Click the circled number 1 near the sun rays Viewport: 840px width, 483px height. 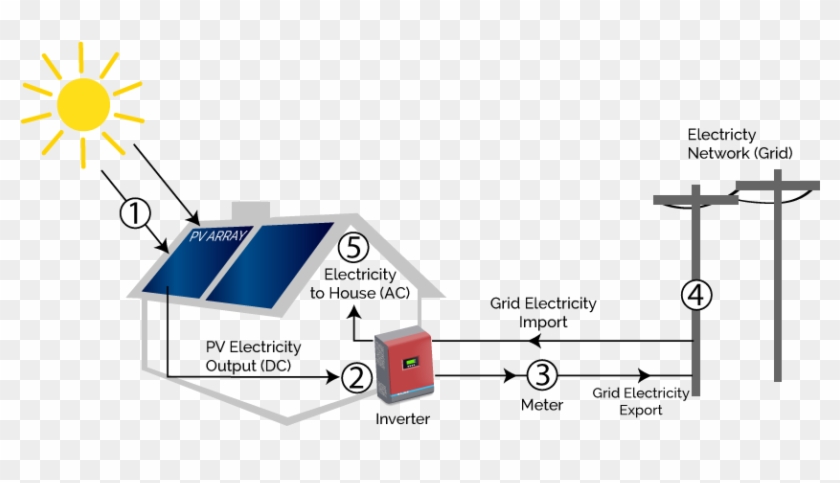pyautogui.click(x=135, y=213)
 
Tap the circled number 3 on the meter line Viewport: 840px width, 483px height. pyautogui.click(x=540, y=376)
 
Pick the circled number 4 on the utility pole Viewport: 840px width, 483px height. pyautogui.click(x=697, y=295)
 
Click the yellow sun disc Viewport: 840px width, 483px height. pyautogui.click(x=82, y=103)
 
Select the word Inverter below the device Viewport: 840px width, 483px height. pyautogui.click(x=402, y=419)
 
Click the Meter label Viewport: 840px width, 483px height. pyautogui.click(x=541, y=405)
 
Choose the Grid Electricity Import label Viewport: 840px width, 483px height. pyautogui.click(x=543, y=312)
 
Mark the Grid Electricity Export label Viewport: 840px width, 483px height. pyautogui.click(x=640, y=401)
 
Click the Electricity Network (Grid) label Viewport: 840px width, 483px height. pyautogui.click(x=739, y=144)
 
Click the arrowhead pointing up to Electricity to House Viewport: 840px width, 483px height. pyautogui.click(x=353, y=313)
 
